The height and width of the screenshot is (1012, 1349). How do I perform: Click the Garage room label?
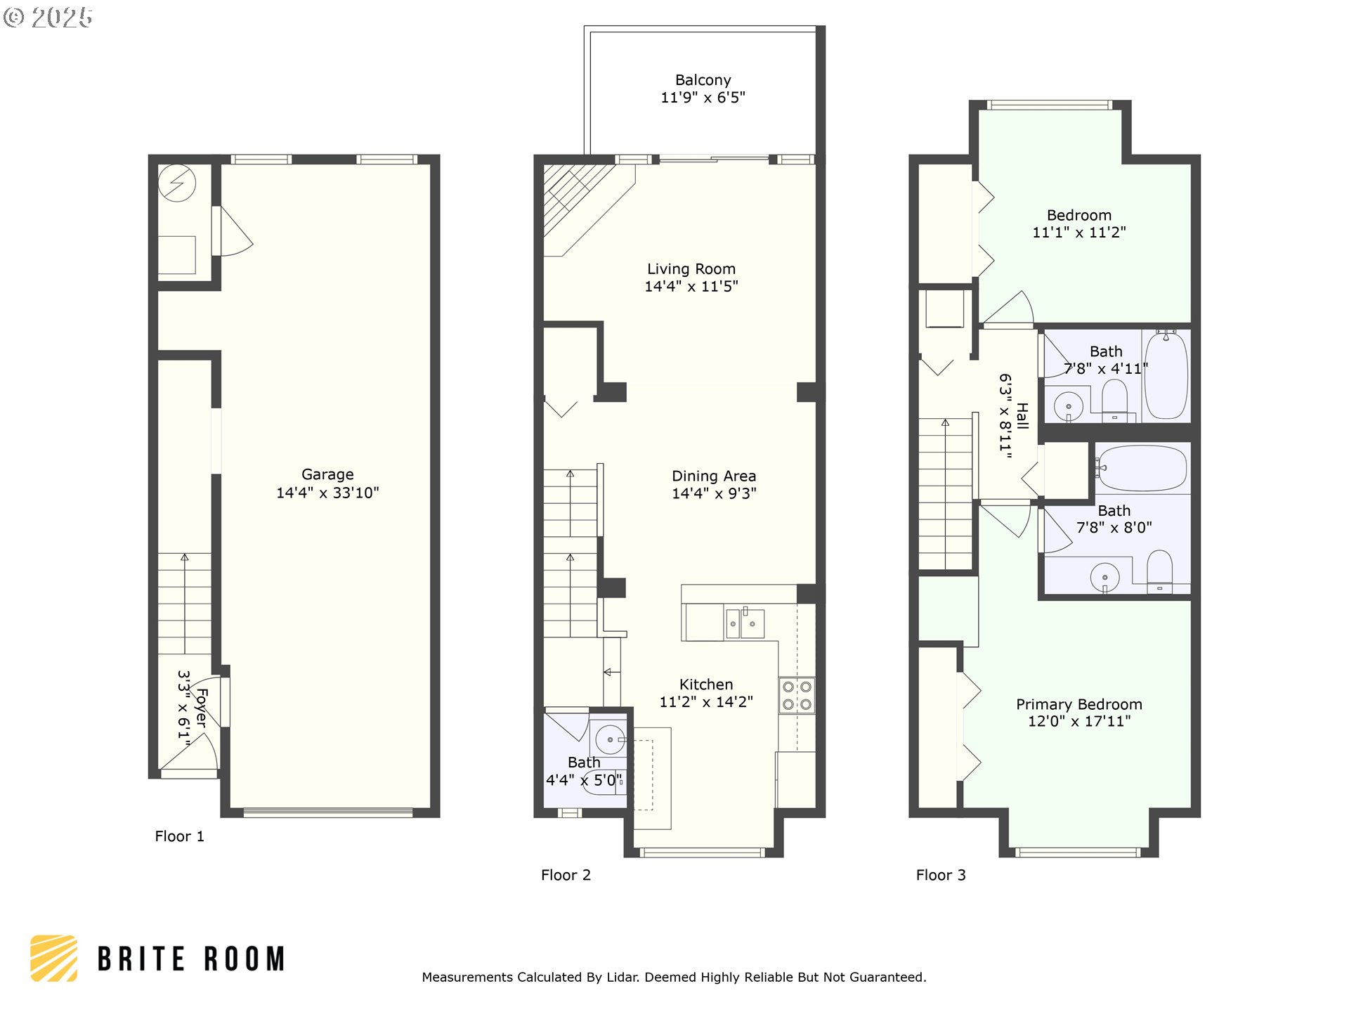tap(327, 474)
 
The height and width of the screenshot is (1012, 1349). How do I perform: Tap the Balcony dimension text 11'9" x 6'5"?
tap(703, 98)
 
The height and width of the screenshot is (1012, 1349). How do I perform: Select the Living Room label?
tap(691, 269)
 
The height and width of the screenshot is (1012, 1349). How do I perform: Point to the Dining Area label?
tap(714, 476)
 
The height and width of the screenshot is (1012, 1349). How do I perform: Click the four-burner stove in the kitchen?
tap(797, 695)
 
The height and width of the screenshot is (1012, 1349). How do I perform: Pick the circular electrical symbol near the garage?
tap(177, 183)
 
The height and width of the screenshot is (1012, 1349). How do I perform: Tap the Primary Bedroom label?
tap(1078, 704)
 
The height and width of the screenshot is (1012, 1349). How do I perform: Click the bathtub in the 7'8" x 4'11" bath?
tap(1166, 375)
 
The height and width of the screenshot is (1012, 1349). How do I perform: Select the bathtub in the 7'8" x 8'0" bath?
tap(1141, 468)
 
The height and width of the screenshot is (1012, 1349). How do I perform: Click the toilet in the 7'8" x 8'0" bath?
tap(1159, 571)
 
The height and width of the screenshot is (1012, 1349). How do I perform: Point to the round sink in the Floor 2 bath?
tap(610, 739)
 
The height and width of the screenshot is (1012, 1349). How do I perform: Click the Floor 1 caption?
tap(179, 836)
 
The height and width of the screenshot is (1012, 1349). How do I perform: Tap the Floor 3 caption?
tap(940, 875)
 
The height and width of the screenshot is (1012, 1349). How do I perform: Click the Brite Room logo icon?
tap(54, 959)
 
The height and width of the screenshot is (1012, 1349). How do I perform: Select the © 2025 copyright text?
tap(48, 18)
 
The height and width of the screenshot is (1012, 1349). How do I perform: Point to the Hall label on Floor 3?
tap(1022, 416)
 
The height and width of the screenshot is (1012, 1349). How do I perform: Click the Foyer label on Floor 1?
tap(201, 707)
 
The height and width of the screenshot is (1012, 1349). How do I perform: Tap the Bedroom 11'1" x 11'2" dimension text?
tap(1078, 233)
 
